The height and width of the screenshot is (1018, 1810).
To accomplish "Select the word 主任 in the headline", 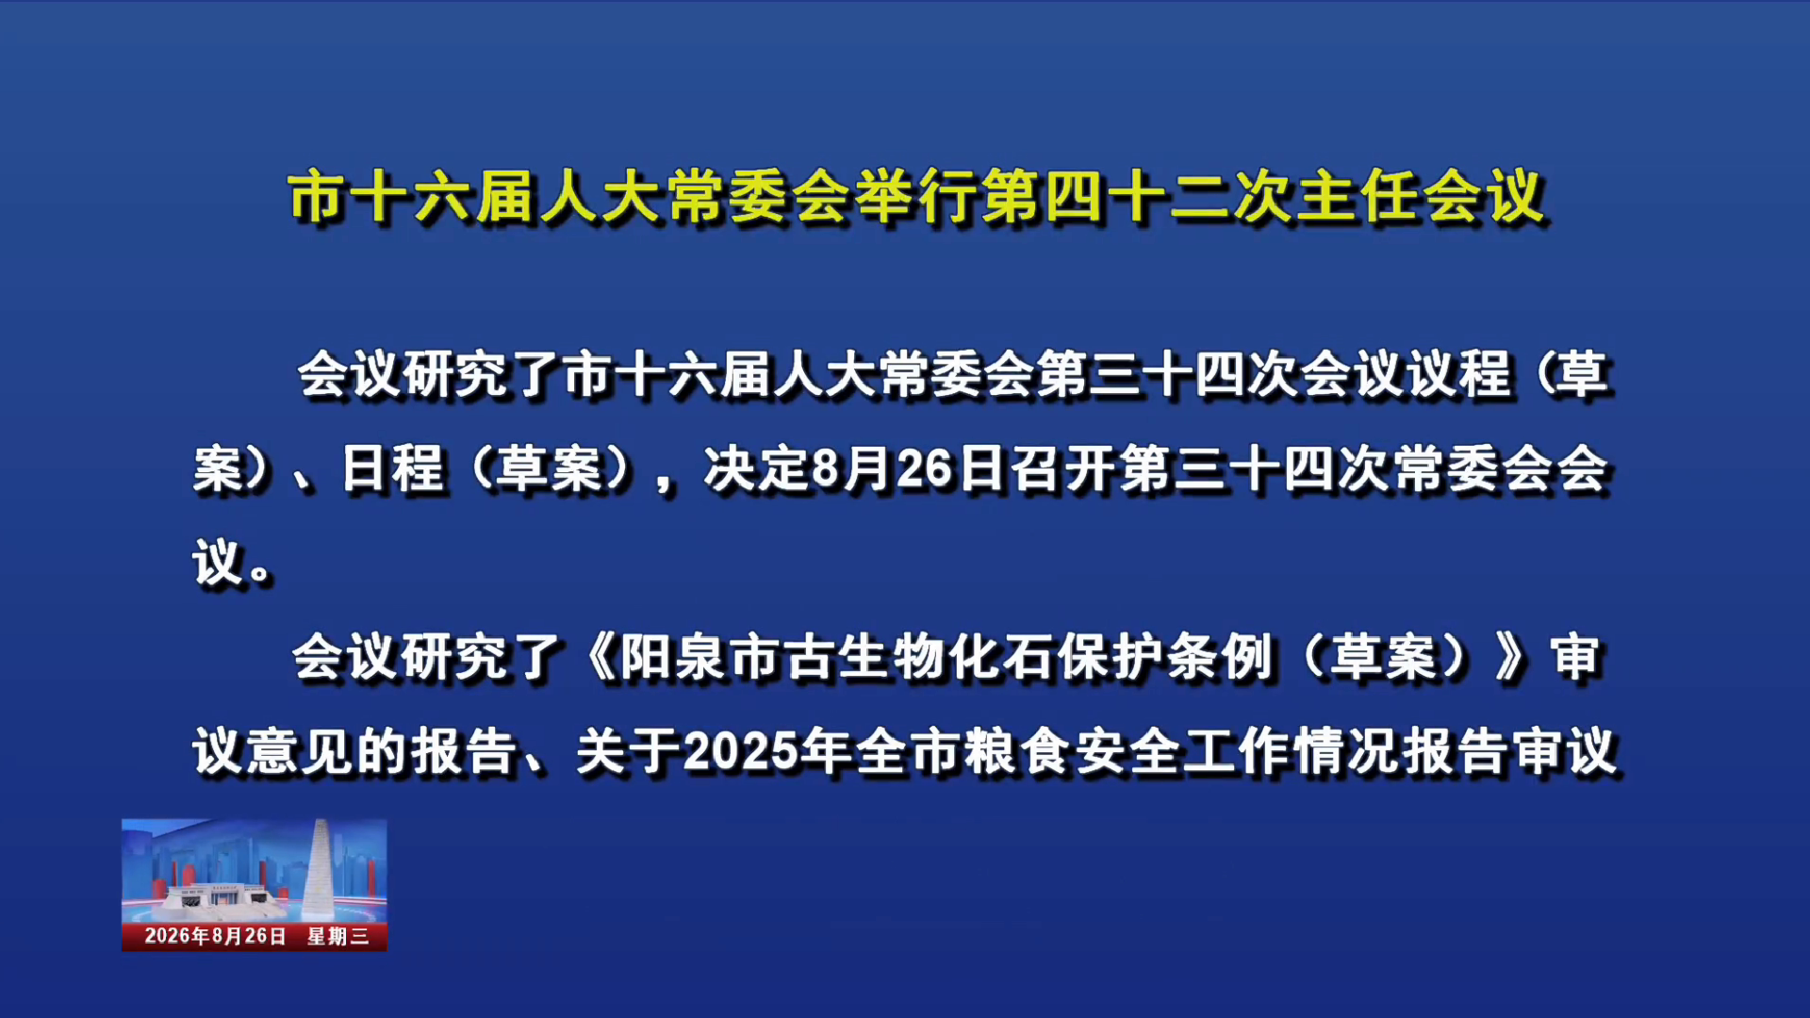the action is (1357, 197).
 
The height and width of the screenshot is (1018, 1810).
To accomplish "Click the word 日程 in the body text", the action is (392, 468).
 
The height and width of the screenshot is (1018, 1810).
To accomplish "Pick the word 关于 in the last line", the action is (630, 752).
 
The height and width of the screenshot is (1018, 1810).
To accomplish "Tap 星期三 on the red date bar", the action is (337, 936).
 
